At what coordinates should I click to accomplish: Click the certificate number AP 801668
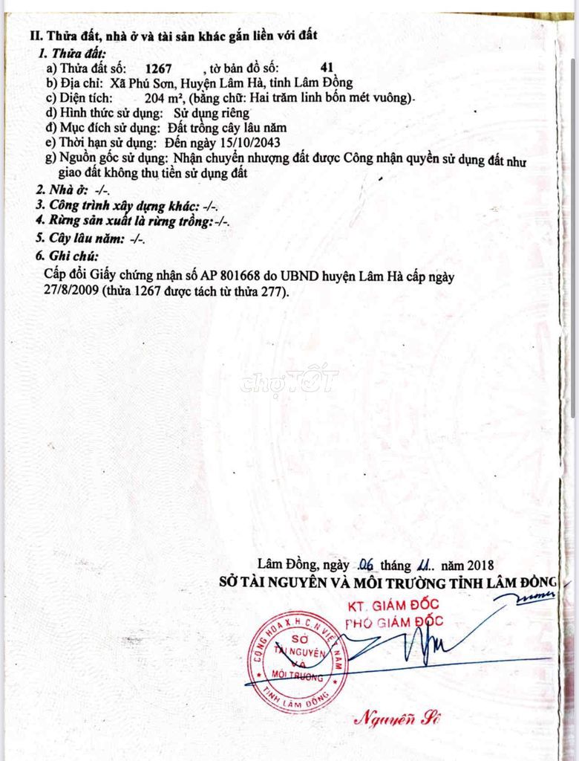(237, 276)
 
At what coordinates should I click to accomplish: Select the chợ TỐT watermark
(289, 380)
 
